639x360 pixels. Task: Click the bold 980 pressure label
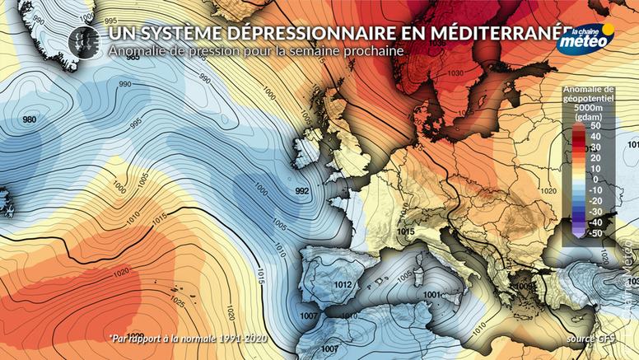click(30, 120)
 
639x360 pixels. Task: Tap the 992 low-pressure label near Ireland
click(301, 191)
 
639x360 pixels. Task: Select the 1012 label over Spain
click(344, 285)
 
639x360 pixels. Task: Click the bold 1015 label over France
click(404, 233)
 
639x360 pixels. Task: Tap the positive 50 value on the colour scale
click(592, 126)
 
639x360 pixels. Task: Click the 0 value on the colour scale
click(594, 179)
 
